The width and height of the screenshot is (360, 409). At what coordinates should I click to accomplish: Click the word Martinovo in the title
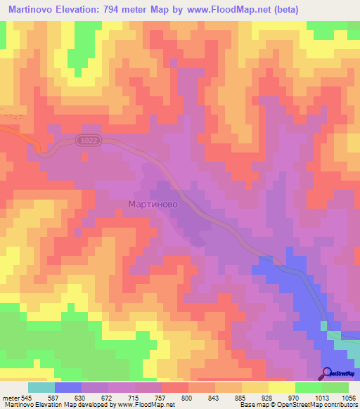point(36,10)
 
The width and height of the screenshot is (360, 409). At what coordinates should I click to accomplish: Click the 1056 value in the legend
point(349,397)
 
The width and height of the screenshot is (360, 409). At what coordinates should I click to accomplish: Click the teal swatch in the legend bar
point(41,387)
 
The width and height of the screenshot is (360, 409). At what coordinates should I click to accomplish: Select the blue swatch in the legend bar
point(68,387)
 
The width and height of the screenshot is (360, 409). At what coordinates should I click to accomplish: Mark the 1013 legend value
point(321,397)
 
